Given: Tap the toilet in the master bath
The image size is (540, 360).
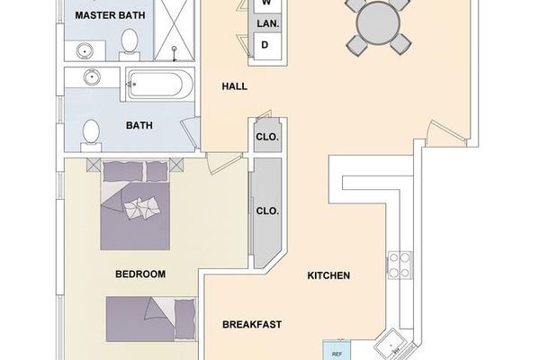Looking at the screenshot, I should tap(130, 41).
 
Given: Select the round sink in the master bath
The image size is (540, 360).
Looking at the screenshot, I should tap(90, 77).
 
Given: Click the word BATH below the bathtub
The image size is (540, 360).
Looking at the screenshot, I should tap(139, 126).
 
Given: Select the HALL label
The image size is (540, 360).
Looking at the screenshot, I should tap(235, 86).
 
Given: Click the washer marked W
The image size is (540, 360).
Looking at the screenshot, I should tap(266, 4).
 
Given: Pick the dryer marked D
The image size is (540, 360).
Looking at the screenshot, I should tap(265, 44).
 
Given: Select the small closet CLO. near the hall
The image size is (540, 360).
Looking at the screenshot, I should tap(267, 138).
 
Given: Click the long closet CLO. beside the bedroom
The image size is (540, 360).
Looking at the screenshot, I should tap(267, 211).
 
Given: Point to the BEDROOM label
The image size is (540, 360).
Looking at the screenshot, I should tap(139, 274).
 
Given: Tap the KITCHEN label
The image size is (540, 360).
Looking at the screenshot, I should tap(328, 275).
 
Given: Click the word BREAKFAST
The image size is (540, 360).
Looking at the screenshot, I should tap(253, 324).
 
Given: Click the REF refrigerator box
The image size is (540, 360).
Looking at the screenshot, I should tap(337, 352).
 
